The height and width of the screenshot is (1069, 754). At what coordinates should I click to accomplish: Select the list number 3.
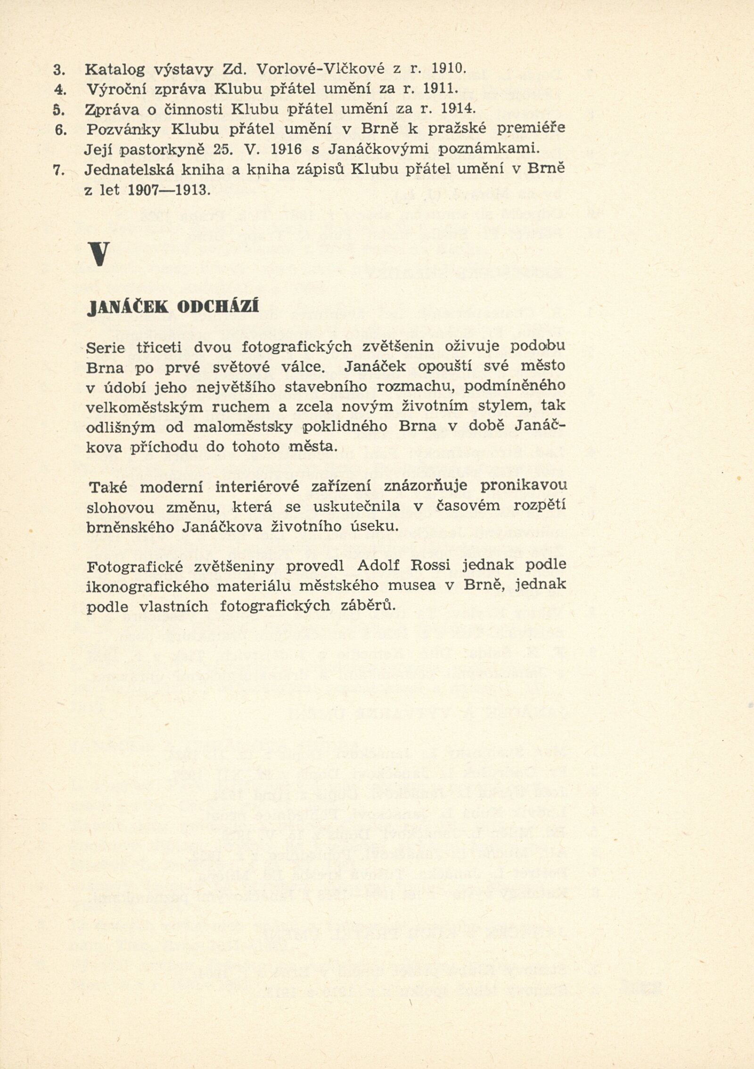(x=58, y=70)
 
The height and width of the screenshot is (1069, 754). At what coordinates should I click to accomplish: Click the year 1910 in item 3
(x=447, y=69)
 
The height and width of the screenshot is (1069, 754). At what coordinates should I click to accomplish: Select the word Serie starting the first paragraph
(x=106, y=347)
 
